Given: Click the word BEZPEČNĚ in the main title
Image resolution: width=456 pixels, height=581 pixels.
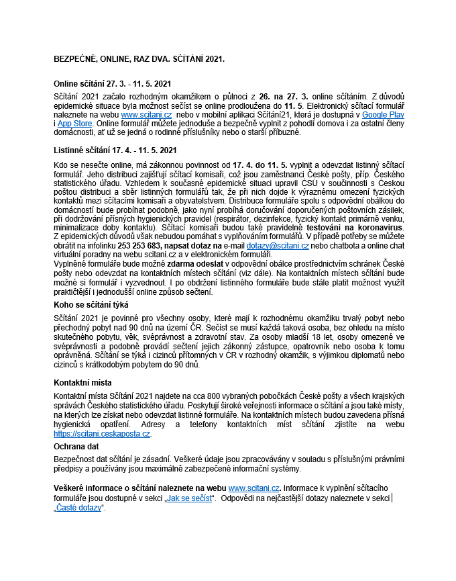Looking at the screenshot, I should point(75,59).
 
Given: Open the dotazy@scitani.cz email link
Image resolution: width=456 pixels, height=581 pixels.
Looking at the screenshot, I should point(277,247).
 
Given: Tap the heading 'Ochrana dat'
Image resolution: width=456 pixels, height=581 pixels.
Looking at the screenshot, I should point(74,445).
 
